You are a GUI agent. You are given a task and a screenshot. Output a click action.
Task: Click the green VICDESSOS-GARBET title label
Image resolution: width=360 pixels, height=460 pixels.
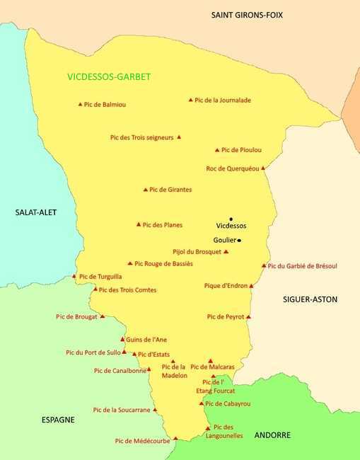pyautogui.click(x=109, y=76)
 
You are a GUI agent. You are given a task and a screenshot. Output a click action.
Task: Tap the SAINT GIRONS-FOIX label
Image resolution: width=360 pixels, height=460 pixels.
pyautogui.click(x=247, y=15)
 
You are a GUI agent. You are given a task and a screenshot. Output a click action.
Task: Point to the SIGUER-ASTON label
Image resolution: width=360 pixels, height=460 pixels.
pyautogui.click(x=310, y=299)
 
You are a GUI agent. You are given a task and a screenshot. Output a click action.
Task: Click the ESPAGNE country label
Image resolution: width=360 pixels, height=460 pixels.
pyautogui.click(x=58, y=420)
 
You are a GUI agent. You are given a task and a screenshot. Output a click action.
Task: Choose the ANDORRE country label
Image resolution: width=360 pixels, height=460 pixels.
pyautogui.click(x=272, y=435)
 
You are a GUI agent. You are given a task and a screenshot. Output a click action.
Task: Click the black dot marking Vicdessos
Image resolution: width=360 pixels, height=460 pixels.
pyautogui.click(x=231, y=219)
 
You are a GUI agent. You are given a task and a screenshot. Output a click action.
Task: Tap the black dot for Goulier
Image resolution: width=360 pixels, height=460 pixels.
pyautogui.click(x=239, y=241)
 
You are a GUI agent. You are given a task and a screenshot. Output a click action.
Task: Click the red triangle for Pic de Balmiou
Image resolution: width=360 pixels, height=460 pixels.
pyautogui.click(x=80, y=105)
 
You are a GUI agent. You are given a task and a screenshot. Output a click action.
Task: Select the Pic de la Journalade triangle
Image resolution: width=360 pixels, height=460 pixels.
pyautogui.click(x=190, y=100)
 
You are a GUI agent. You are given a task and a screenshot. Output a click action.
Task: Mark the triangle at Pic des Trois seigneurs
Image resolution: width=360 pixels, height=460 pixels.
pyautogui.click(x=179, y=137)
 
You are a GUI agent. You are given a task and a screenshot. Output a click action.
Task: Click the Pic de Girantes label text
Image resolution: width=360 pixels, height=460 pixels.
pyautogui.click(x=170, y=190)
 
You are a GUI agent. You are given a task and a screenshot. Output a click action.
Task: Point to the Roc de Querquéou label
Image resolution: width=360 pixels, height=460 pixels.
pyautogui.click(x=232, y=168)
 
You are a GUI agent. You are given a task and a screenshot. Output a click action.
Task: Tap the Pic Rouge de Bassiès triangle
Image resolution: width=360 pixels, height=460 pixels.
pyautogui.click(x=130, y=263)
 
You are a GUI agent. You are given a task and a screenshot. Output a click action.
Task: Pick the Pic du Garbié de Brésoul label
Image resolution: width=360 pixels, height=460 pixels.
pyautogui.click(x=303, y=266)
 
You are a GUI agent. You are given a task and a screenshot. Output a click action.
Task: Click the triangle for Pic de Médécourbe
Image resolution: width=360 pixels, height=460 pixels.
pyautogui.click(x=175, y=438)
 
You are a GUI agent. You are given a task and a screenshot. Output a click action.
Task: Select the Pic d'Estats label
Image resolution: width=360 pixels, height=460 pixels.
pyautogui.click(x=153, y=355)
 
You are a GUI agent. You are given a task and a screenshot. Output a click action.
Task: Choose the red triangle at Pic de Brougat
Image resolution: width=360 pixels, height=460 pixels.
pyautogui.click(x=102, y=316)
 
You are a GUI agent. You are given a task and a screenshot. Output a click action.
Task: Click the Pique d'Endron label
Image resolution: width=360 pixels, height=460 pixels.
pyautogui.click(x=226, y=286)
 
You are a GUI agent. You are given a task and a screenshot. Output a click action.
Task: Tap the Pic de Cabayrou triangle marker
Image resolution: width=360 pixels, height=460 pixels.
pyautogui.click(x=202, y=403)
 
